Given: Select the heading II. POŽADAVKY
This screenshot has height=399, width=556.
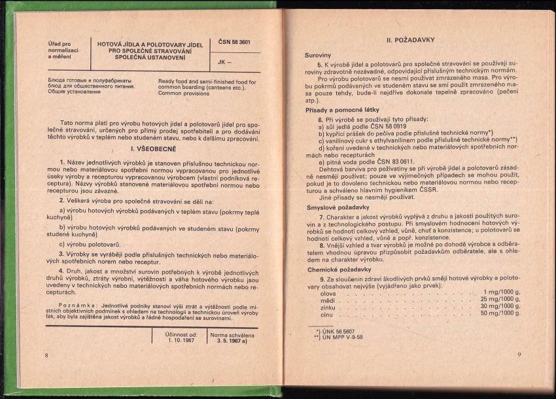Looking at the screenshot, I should (411, 40).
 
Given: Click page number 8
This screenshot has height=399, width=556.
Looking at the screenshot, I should (46, 355).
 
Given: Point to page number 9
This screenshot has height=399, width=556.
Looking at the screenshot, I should (518, 355).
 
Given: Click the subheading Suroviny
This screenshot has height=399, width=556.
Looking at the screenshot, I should (318, 56).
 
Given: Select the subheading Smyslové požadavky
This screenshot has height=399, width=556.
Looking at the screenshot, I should (334, 207).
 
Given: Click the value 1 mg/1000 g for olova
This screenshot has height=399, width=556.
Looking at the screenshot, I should (502, 292).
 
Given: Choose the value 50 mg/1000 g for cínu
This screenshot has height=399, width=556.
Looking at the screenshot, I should (500, 313).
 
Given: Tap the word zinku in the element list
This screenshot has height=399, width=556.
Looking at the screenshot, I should (328, 307).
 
